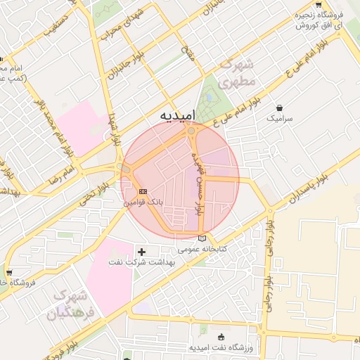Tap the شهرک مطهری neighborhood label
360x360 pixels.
[233, 74]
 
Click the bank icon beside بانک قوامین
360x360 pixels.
[143, 191]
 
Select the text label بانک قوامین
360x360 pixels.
[143, 201]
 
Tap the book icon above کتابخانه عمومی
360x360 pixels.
[203, 239]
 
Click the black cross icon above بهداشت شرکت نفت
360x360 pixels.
[141, 251]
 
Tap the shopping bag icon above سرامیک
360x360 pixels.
[281, 108]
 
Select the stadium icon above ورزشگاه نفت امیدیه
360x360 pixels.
[221, 337]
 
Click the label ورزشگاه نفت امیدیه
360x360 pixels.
[221, 348]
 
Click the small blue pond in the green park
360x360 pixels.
[209, 98]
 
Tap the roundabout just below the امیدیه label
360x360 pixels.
[191, 131]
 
